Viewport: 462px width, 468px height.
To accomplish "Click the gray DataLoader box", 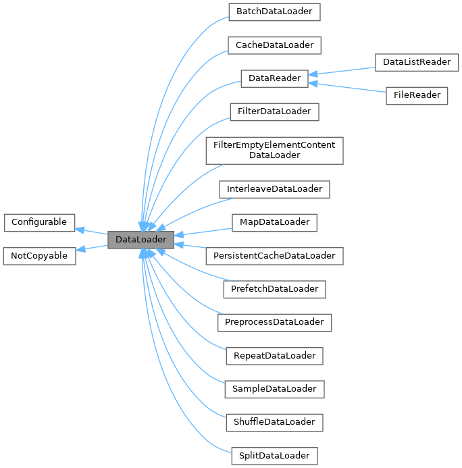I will [141, 239].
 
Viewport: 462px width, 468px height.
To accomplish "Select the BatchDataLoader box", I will [274, 12].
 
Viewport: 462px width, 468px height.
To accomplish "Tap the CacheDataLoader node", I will [274, 45].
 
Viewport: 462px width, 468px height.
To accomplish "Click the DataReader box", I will [274, 78].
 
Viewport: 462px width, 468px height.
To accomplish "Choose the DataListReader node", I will [417, 62].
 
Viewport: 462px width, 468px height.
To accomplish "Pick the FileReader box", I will [417, 95].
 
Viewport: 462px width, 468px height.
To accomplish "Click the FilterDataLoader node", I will [274, 111].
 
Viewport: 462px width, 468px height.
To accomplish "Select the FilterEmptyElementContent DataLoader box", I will [274, 150].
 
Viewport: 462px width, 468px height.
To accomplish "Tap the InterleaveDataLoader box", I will [274, 188].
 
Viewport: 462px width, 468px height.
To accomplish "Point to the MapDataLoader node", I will [274, 222].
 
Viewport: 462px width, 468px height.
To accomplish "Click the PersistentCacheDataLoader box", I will [274, 255].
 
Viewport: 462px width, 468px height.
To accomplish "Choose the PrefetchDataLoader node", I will [274, 288].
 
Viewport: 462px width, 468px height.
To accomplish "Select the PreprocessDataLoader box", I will [274, 322].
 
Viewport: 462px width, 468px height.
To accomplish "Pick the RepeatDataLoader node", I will [274, 355].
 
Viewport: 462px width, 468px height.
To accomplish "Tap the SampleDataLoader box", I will [274, 389].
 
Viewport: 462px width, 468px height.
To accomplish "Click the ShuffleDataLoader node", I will [274, 422].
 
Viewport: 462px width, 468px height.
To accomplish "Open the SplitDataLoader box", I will [274, 456].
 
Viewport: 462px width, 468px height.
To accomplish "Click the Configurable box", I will [39, 222].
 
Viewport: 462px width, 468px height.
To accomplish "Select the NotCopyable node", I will [39, 255].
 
